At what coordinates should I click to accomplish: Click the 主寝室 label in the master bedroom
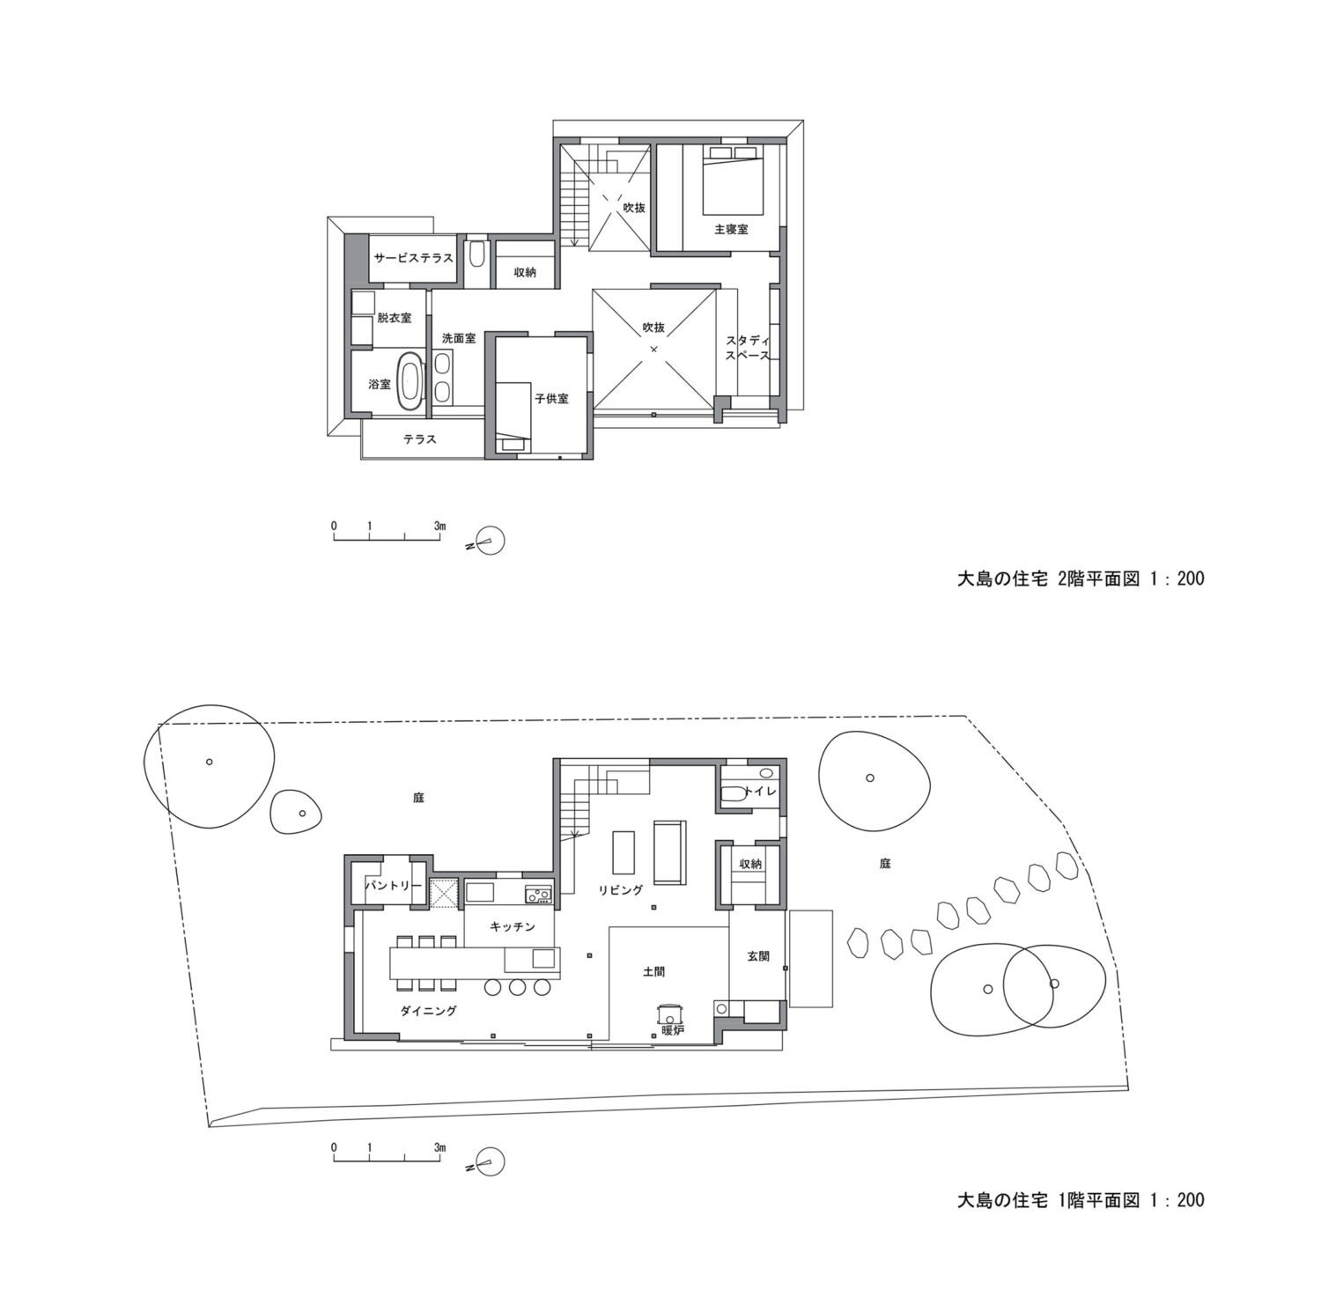point(731,229)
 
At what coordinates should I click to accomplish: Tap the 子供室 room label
point(551,399)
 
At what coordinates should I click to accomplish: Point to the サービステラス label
point(414,259)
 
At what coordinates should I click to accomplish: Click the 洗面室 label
point(459,338)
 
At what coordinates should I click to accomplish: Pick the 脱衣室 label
point(395,318)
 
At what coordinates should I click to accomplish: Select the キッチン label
point(513,927)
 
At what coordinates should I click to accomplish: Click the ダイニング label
point(429,1012)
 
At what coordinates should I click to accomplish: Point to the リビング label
point(622,890)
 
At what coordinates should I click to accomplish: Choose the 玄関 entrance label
point(758,955)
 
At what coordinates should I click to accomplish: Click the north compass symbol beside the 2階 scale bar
point(488,542)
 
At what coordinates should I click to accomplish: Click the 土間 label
point(653,972)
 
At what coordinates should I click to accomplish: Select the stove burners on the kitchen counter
point(538,896)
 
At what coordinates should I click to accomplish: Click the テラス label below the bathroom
point(420,439)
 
